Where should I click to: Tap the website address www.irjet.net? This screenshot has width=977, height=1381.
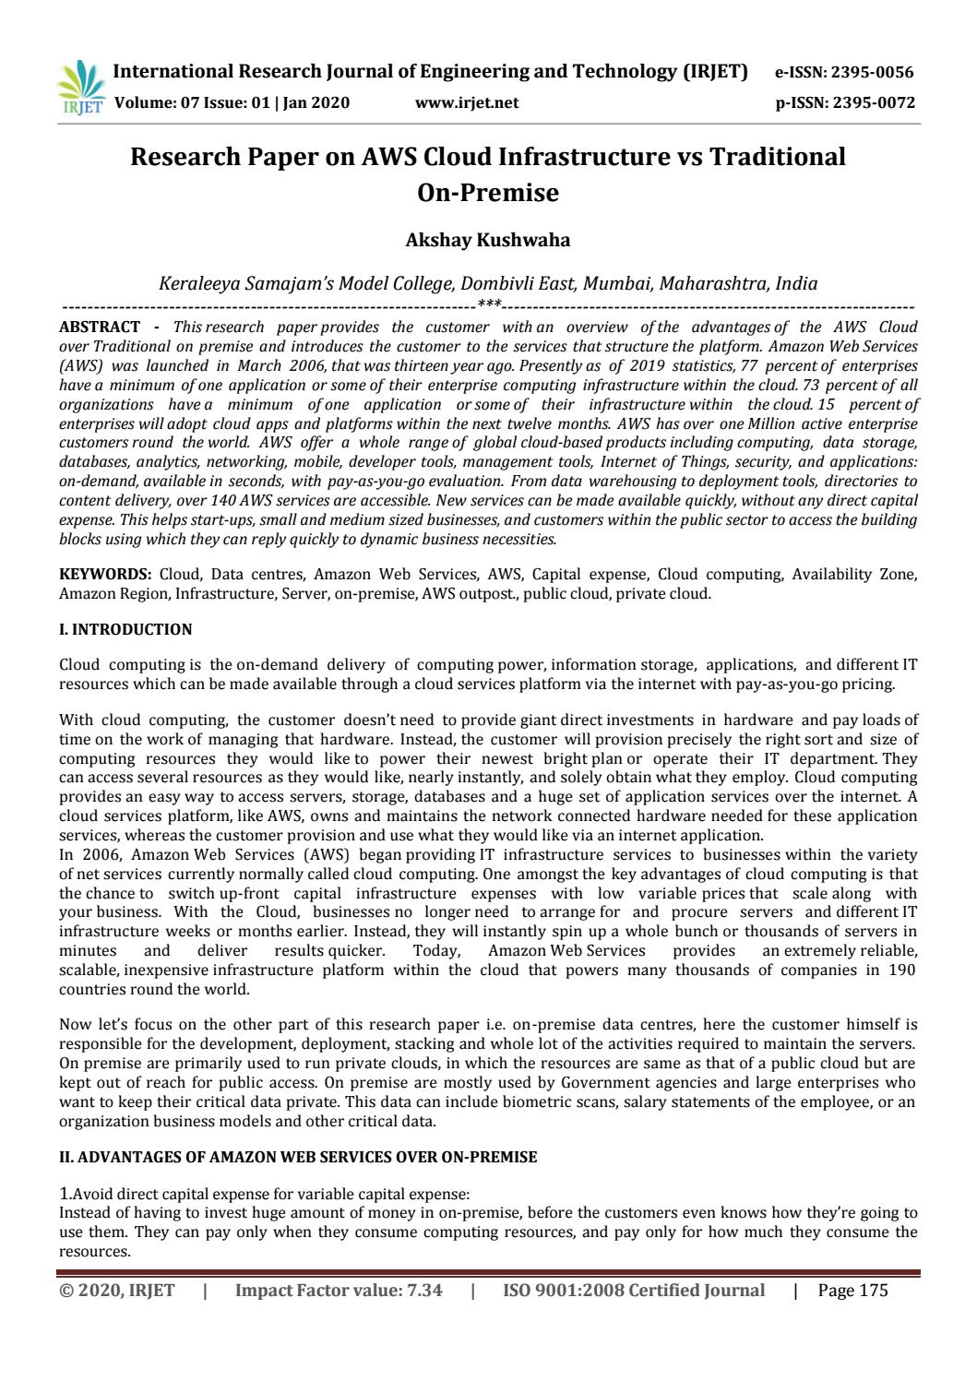[467, 102]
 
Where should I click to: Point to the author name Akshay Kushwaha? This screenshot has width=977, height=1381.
[488, 240]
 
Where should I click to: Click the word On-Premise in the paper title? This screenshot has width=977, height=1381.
[488, 193]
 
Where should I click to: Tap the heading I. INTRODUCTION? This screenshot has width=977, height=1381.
[125, 629]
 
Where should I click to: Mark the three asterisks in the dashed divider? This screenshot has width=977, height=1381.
[489, 304]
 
